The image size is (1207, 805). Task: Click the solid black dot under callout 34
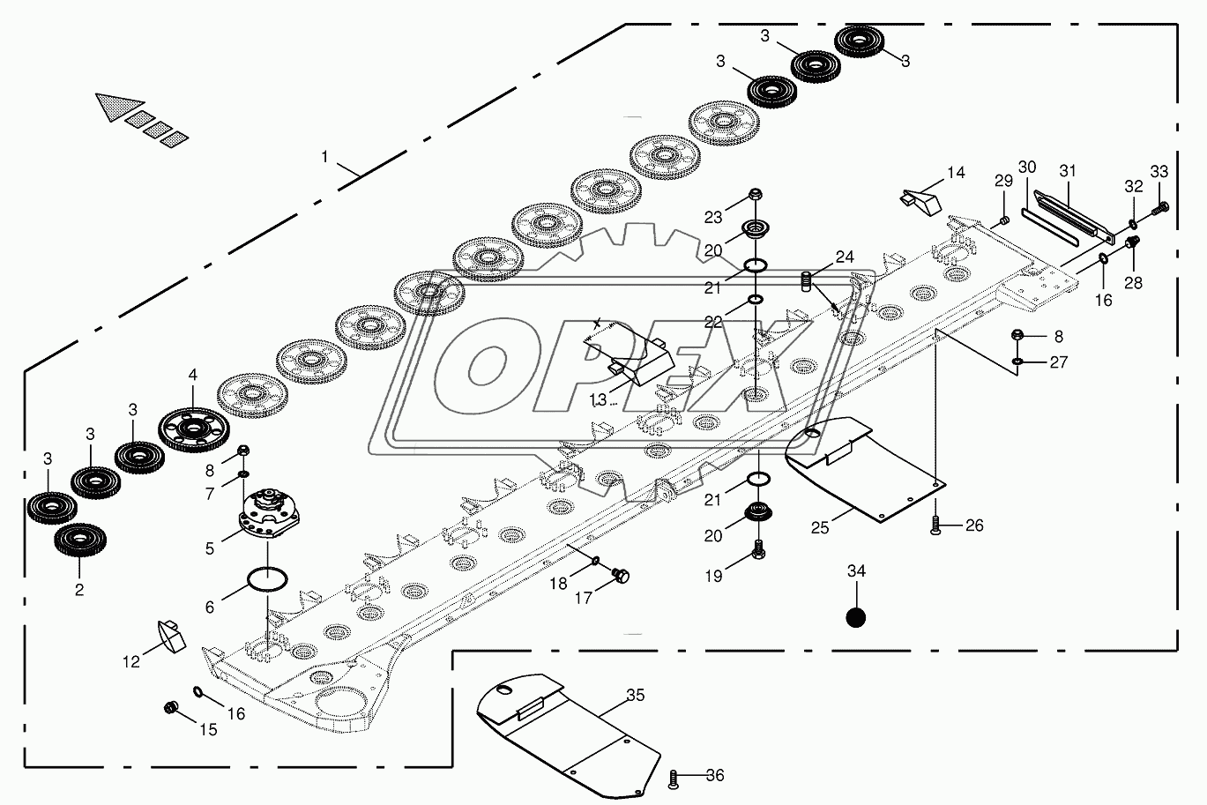click(855, 617)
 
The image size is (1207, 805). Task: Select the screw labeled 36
click(675, 778)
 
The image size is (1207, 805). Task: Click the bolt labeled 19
click(756, 549)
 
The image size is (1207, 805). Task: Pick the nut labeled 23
click(756, 195)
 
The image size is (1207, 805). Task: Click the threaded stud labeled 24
click(805, 282)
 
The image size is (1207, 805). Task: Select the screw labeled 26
click(935, 526)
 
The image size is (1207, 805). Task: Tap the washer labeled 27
click(1017, 361)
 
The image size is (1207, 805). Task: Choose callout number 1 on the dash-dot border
click(324, 157)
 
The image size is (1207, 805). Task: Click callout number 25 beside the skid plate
click(820, 526)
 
